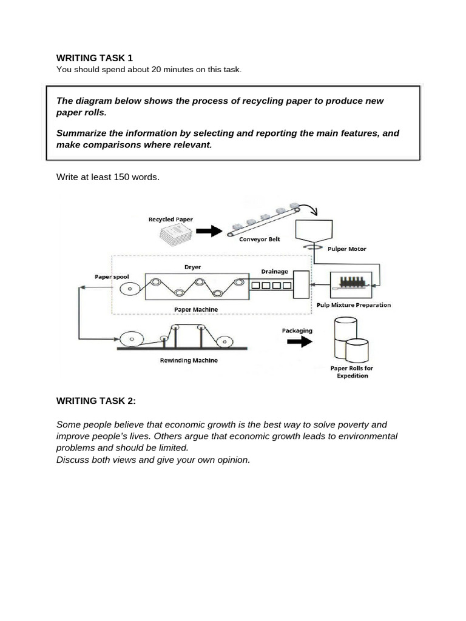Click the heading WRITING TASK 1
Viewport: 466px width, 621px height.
94,58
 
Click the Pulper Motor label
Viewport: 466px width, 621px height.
346,249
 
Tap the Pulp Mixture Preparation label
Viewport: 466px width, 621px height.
354,305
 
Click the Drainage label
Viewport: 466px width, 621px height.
274,272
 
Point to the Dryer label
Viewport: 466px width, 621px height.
192,266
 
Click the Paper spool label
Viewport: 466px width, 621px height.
112,277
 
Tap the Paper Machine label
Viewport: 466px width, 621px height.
196,310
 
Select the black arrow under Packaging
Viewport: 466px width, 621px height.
297,341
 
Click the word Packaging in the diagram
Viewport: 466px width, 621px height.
297,331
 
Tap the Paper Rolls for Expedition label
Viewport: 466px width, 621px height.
351,372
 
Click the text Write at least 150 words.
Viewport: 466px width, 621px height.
107,177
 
